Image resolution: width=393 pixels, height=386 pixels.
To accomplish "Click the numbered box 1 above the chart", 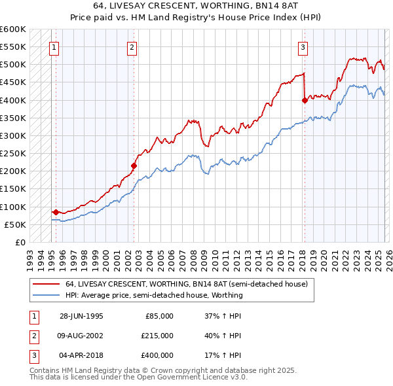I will click(54, 46).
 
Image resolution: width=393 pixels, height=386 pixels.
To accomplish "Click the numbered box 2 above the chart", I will click(132, 46).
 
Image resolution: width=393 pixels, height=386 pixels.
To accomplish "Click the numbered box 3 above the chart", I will click(303, 46).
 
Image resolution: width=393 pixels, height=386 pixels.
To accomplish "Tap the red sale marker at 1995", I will click(56, 212).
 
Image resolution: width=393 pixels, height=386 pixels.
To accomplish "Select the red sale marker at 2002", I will click(134, 166).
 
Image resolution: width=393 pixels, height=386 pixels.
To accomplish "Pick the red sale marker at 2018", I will click(305, 100).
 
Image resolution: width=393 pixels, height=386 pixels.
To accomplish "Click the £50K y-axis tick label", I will click(16, 224).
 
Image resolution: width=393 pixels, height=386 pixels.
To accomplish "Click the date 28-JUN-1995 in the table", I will click(81, 315).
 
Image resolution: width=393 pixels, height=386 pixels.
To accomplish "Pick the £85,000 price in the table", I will click(159, 315).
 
